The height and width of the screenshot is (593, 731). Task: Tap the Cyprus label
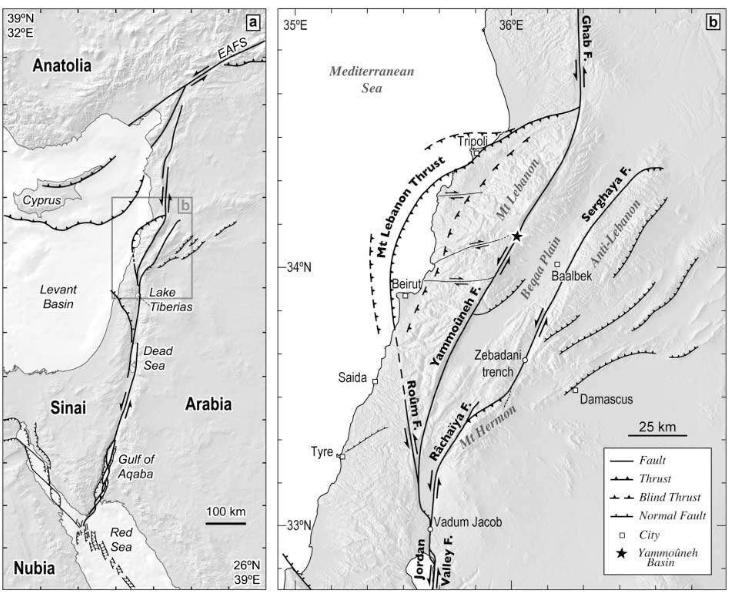coord(42,200)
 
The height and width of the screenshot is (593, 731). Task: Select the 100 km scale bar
coord(226,523)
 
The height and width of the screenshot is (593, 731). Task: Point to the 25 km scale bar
coord(657,435)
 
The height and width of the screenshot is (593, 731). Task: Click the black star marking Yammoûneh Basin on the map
coord(517,236)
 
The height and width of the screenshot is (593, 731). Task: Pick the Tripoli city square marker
coord(477,153)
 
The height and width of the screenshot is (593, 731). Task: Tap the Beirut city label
coord(406,284)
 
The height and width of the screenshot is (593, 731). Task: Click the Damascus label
coord(606,399)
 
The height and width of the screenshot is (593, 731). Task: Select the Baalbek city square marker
coord(557,264)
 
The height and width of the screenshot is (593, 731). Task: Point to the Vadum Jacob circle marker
coord(430,529)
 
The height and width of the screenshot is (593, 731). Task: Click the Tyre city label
coord(322,451)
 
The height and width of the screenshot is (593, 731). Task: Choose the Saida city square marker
coord(375,381)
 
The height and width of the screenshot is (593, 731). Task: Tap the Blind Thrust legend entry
coord(670,497)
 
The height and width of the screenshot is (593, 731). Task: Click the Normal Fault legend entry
coord(672,516)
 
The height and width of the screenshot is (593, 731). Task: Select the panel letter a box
coord(253,23)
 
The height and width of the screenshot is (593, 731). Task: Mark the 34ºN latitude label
coord(299,267)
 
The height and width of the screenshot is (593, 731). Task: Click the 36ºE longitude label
coord(511,25)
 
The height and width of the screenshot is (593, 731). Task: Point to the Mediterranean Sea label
coord(371,79)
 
